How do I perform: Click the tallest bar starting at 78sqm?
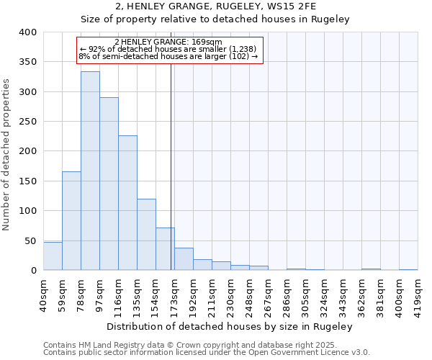(90, 171)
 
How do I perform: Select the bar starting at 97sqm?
(109, 184)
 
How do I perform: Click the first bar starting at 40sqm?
(53, 256)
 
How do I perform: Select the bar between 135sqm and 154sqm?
(146, 235)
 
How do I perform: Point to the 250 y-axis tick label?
(27, 122)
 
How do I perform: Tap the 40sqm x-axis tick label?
(43, 294)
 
